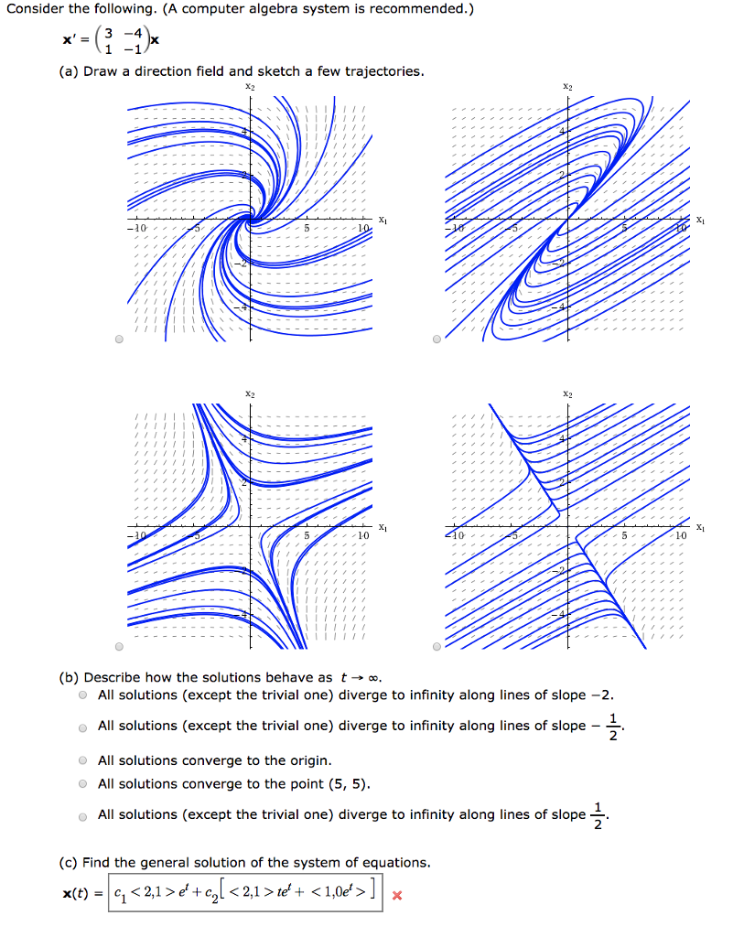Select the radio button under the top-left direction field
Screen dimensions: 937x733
(x=119, y=339)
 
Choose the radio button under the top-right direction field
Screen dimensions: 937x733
(x=436, y=339)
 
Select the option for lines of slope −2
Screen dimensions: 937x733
(x=82, y=695)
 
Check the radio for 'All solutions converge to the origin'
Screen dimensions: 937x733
(x=82, y=760)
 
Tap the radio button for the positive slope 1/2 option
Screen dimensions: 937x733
(x=82, y=815)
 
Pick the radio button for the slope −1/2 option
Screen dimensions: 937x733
(x=82, y=727)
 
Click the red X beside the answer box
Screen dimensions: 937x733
(x=396, y=895)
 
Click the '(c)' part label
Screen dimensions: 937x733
(x=68, y=862)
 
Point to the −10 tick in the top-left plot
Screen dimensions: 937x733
(x=135, y=227)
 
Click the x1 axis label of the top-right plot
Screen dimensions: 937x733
(x=700, y=220)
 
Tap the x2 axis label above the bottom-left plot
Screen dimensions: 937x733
(x=250, y=393)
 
